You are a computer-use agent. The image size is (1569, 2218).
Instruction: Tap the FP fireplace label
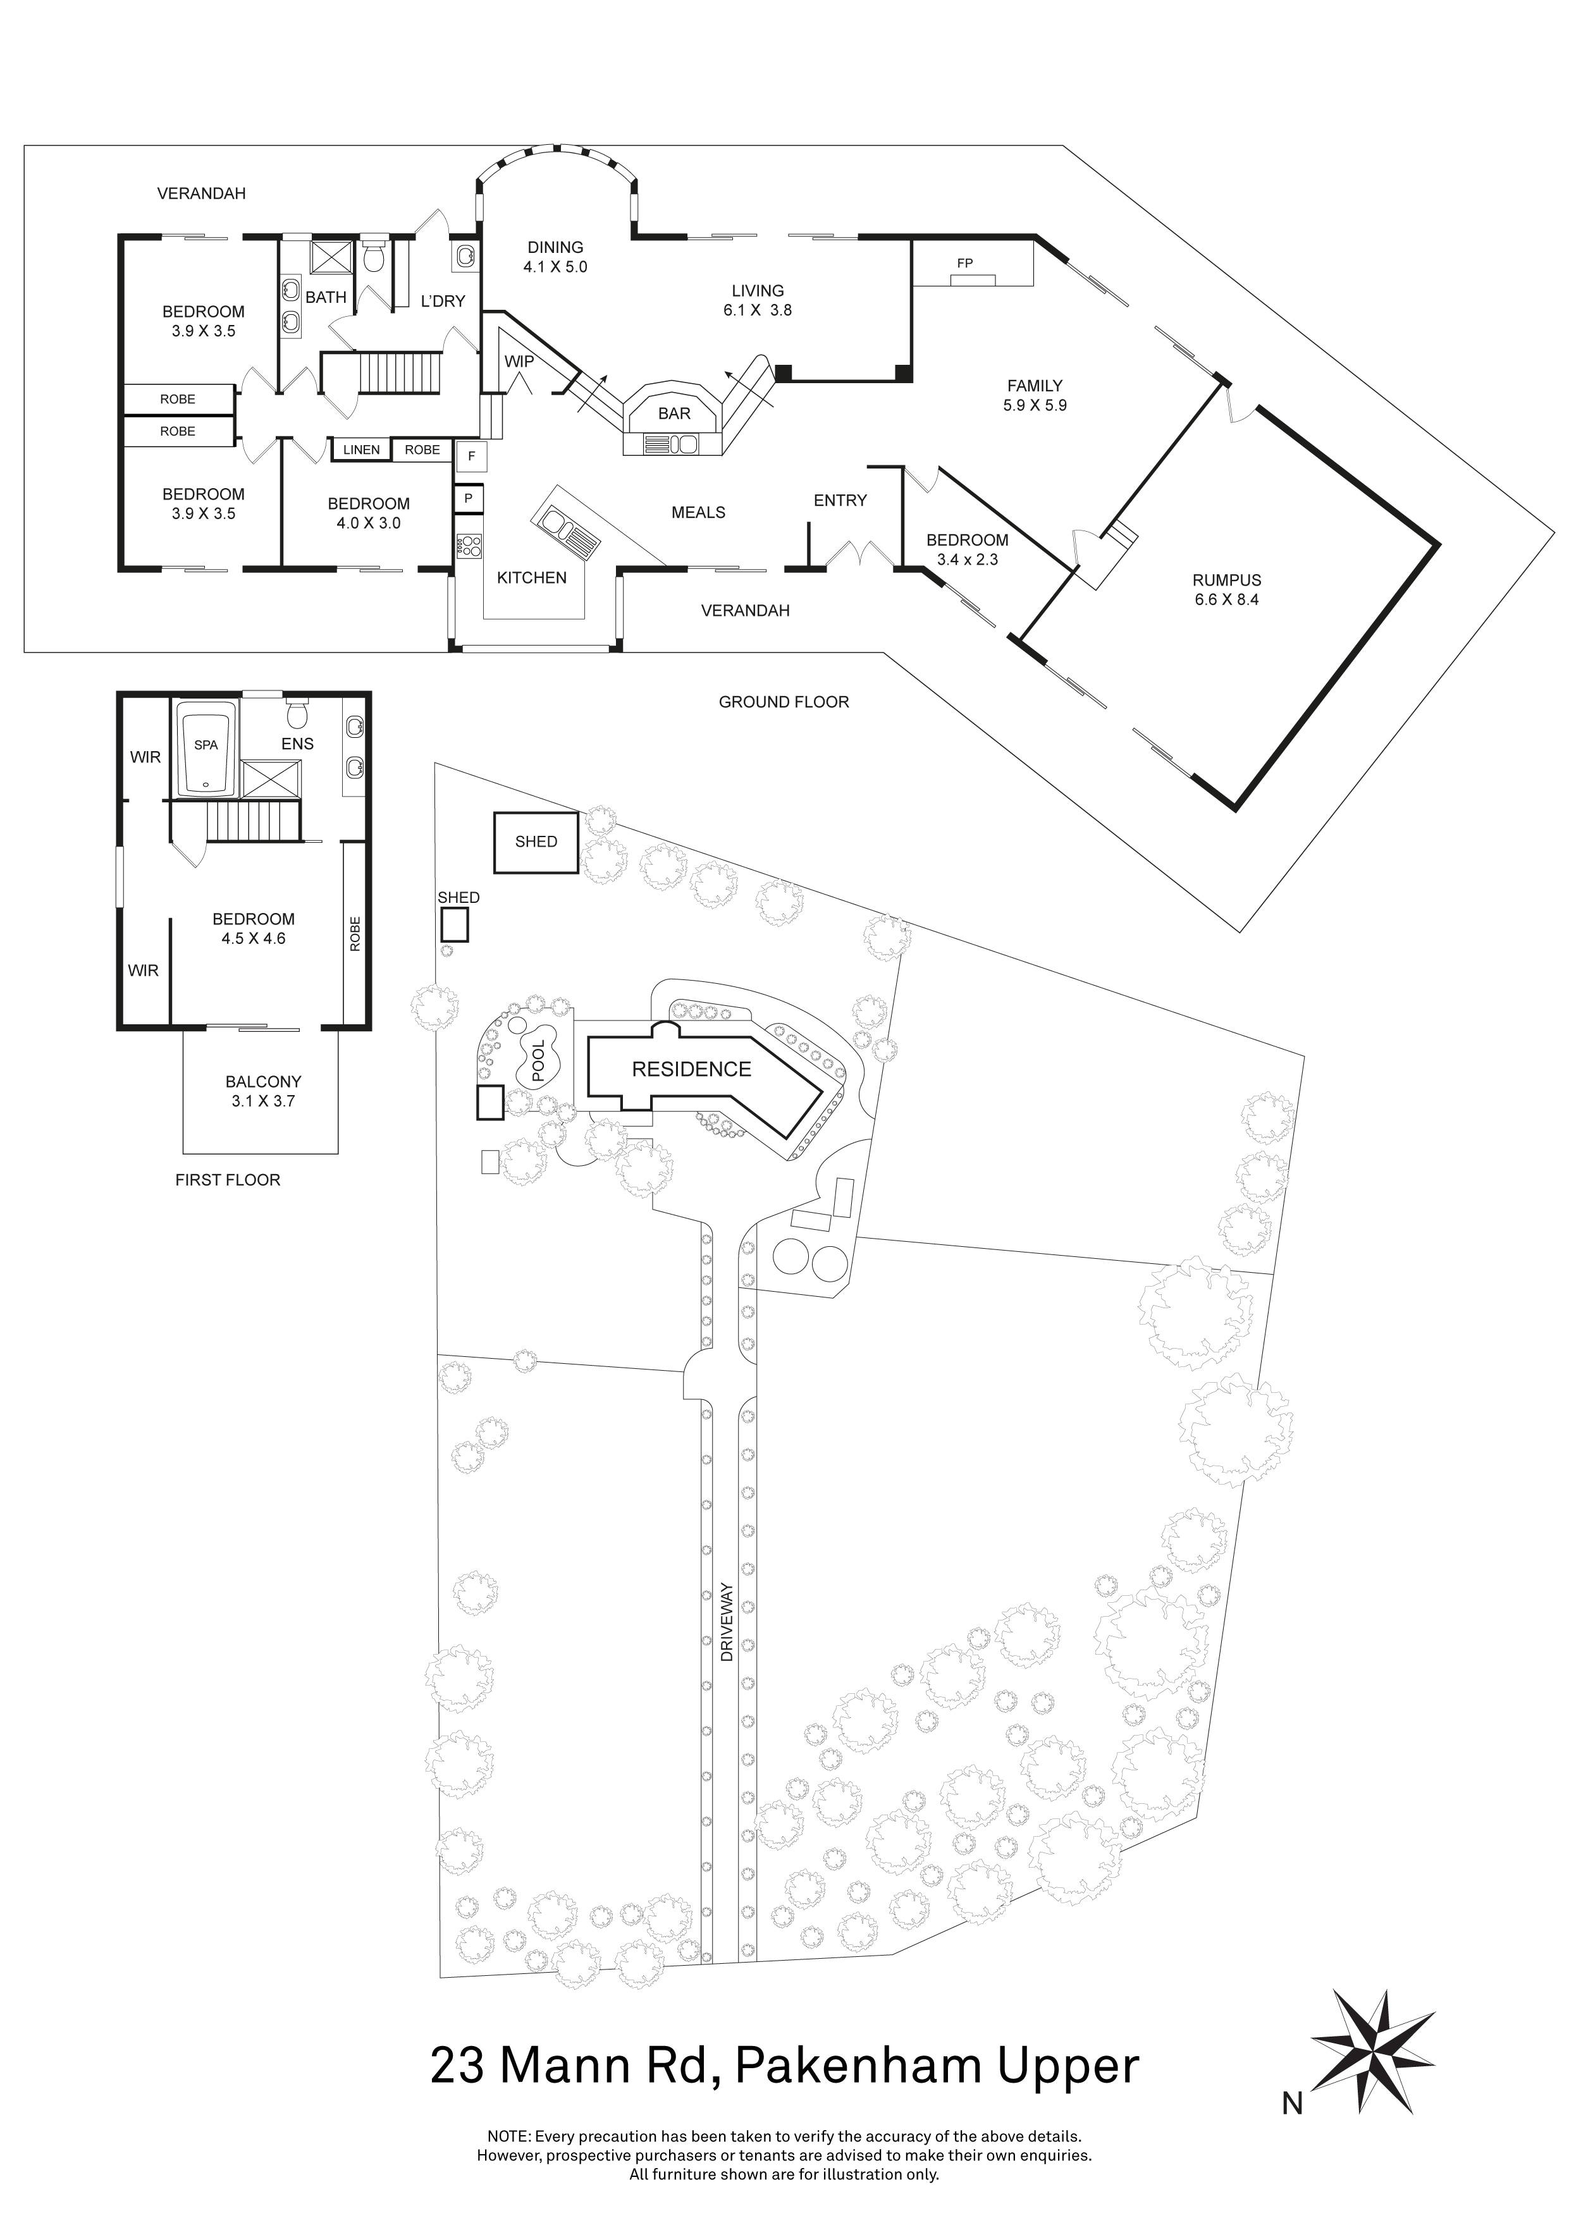coord(964,263)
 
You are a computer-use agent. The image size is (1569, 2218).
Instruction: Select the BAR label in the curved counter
coord(674,414)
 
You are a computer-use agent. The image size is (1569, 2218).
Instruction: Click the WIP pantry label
coord(519,361)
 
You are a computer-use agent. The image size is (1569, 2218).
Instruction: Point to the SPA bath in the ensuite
coord(206,745)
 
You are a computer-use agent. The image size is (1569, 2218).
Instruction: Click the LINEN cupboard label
coord(361,450)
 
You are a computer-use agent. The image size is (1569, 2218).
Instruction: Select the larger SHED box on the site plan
coord(536,842)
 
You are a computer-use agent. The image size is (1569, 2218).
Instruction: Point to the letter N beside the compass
coord(1293,2103)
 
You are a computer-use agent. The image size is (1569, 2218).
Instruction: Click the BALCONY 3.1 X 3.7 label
coord(263,1091)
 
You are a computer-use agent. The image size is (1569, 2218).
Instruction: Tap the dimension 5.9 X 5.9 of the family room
coord(1034,406)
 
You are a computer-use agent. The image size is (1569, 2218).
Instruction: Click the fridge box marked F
coord(472,456)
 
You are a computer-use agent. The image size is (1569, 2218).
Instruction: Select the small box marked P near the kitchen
coord(469,498)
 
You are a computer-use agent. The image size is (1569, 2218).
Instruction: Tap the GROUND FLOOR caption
coord(784,702)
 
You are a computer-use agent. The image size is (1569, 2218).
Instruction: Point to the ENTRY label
coord(840,500)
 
